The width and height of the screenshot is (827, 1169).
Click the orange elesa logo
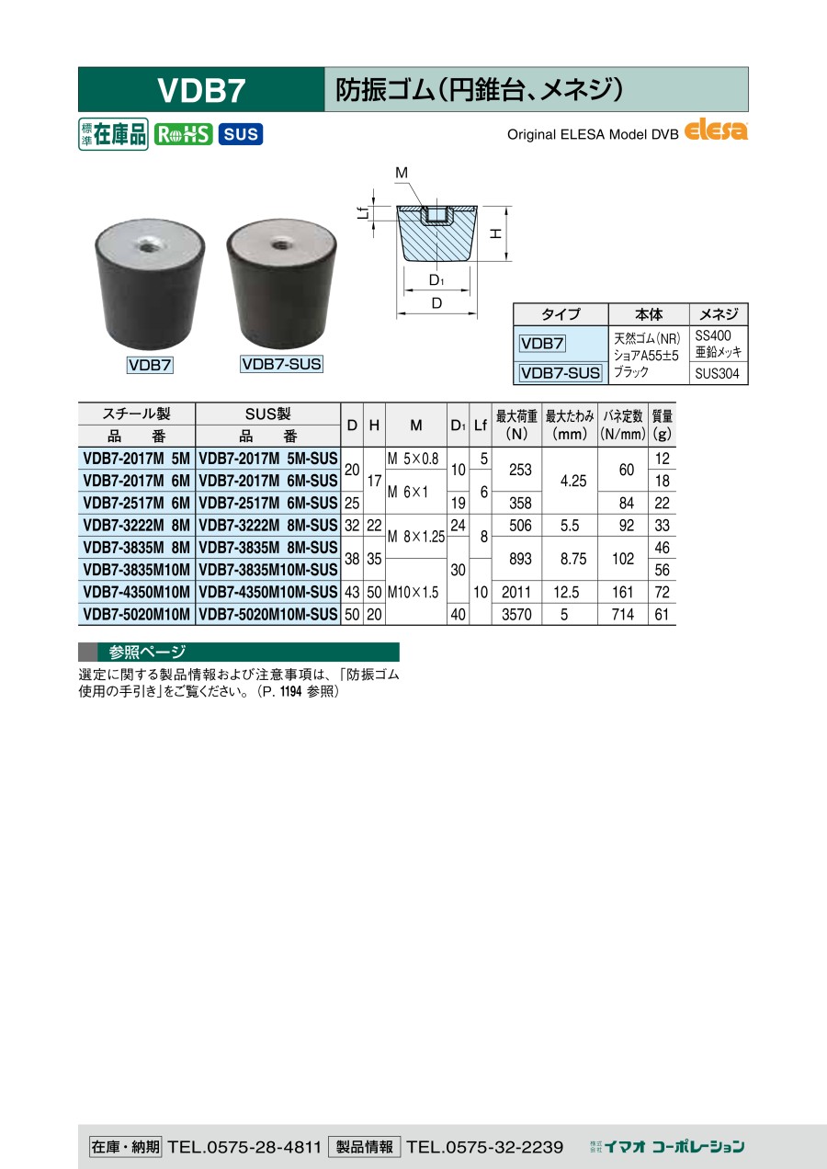pos(716,130)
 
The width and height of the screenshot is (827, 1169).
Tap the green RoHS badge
pos(183,134)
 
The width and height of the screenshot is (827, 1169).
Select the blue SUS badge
pos(241,134)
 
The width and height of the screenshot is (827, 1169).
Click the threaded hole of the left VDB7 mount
pos(149,246)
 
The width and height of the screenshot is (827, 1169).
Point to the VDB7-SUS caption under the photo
pos(281,364)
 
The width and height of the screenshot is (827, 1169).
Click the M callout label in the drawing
pos(402,173)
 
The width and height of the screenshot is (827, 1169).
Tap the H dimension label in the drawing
pos(495,233)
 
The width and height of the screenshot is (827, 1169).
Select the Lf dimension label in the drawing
pos(364,213)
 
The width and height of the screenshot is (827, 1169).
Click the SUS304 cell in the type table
pos(717,374)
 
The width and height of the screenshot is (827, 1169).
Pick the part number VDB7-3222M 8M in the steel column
pos(137,526)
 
